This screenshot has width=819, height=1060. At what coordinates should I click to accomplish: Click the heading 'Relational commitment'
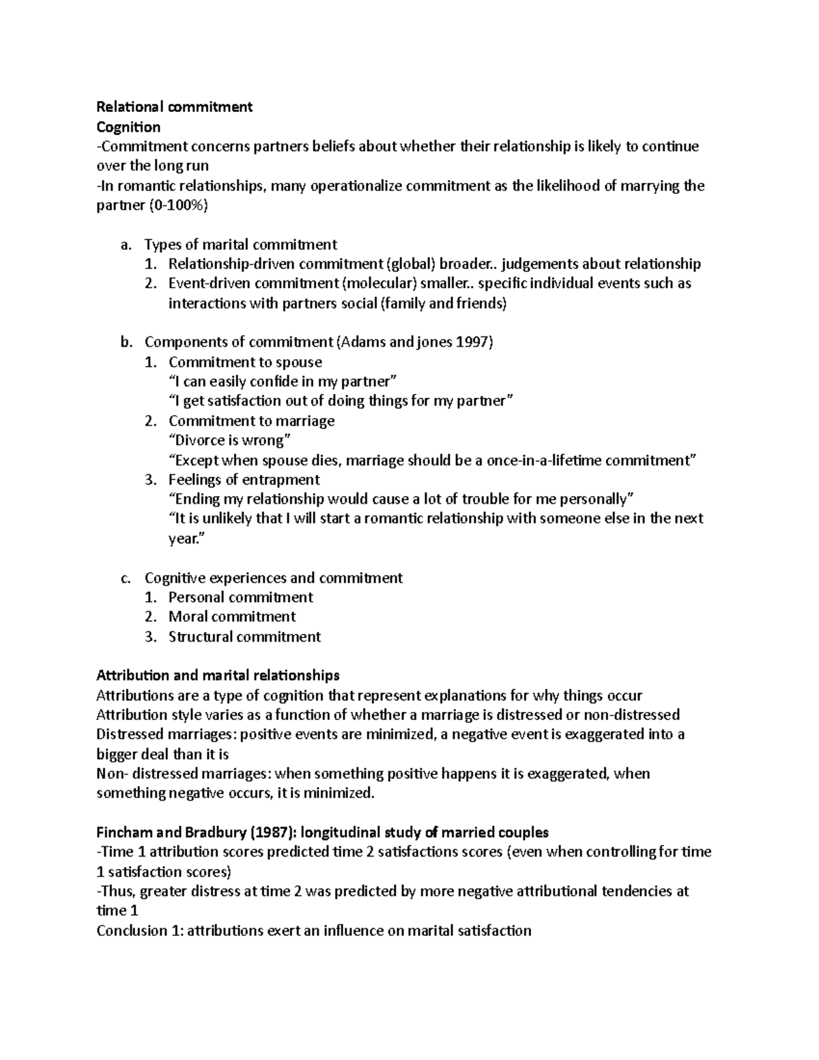pyautogui.click(x=174, y=106)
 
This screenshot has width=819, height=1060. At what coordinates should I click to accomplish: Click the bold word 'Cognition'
pyautogui.click(x=128, y=127)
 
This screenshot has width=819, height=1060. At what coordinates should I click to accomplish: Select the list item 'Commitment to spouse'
pyautogui.click(x=245, y=362)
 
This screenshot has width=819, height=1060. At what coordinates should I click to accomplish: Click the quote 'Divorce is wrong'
pyautogui.click(x=232, y=440)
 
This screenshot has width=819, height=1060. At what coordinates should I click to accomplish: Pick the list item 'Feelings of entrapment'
pyautogui.click(x=244, y=479)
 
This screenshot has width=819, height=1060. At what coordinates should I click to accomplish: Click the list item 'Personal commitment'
pyautogui.click(x=240, y=597)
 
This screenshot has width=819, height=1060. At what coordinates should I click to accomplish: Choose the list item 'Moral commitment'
pyautogui.click(x=232, y=616)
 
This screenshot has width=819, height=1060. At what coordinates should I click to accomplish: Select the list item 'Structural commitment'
pyautogui.click(x=244, y=637)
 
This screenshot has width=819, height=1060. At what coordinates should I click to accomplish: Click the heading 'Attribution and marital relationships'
pyautogui.click(x=218, y=676)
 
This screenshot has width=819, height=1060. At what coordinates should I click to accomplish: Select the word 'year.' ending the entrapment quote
pyautogui.click(x=186, y=539)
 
